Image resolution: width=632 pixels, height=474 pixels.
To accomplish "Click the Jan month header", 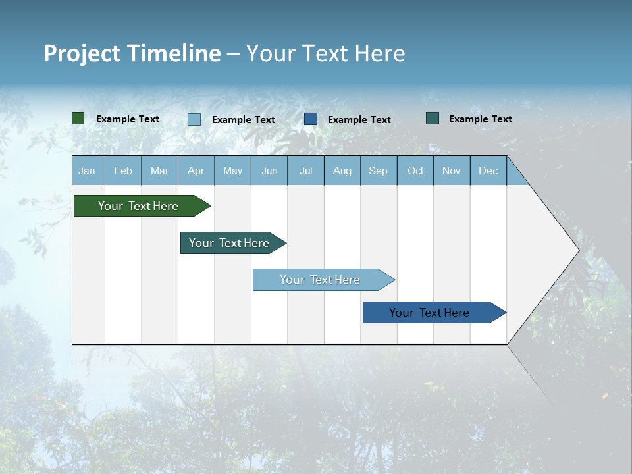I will point(88,171).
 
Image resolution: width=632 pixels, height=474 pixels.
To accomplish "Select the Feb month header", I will point(123,171).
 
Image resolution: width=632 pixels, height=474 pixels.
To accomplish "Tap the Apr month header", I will point(196,171).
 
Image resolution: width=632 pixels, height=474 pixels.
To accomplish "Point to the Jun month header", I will point(269,171).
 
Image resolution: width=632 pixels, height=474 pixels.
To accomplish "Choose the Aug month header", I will point(342,171).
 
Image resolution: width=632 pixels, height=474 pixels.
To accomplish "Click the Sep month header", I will point(379,171).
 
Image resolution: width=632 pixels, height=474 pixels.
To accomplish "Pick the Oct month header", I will point(415,171).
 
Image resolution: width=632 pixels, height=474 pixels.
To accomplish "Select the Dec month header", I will point(488,171).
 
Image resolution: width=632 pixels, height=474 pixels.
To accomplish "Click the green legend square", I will point(78,118).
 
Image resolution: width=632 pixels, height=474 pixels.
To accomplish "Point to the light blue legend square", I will point(194,119).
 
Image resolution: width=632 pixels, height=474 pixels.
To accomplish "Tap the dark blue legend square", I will point(311,119).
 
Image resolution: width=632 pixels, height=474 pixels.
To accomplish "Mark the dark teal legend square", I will point(433,118).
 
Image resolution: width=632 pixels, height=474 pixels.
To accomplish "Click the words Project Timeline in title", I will point(132,53).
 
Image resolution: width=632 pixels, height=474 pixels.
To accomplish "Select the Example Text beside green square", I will point(128,119).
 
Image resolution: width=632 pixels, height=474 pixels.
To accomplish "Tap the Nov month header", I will point(452,171).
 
